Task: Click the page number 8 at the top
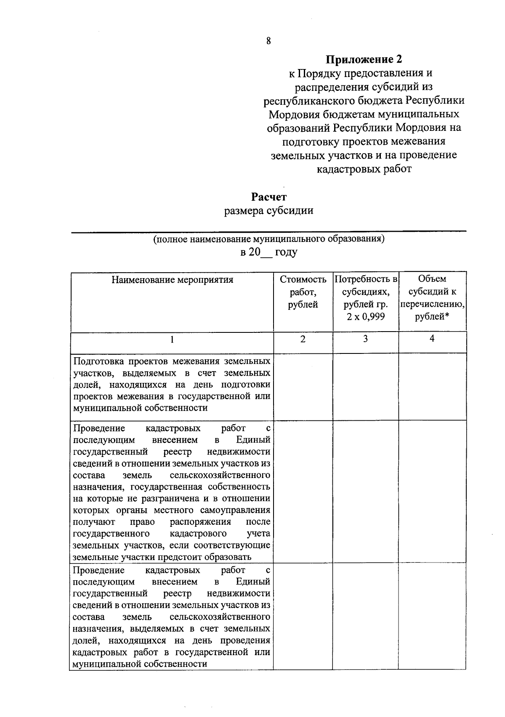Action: click(268, 41)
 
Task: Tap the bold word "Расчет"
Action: click(269, 197)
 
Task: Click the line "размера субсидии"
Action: click(269, 210)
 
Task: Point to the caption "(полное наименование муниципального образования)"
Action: click(269, 239)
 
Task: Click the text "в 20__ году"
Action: click(269, 252)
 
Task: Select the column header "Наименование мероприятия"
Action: click(172, 280)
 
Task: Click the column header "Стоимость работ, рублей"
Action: click(303, 292)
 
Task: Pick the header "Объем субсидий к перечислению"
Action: click(432, 297)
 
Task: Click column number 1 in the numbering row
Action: click(172, 340)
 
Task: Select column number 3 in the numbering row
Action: click(365, 339)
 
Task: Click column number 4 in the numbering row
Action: click(432, 339)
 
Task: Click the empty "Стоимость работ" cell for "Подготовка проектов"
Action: click(303, 386)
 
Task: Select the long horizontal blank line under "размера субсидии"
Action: click(269, 231)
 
